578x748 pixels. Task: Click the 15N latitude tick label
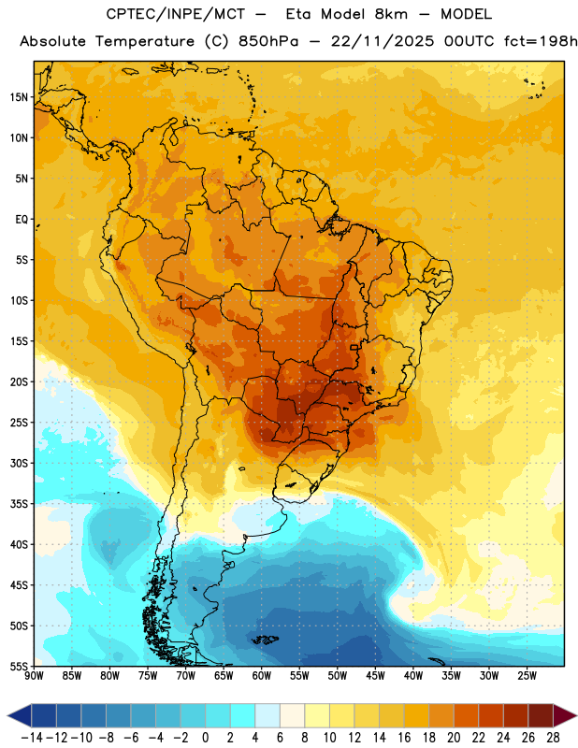click(x=19, y=97)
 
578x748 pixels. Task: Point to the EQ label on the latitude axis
click(x=22, y=220)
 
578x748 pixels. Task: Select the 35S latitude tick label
click(x=19, y=504)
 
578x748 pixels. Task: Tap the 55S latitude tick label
click(x=19, y=667)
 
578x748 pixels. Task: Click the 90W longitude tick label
click(x=34, y=675)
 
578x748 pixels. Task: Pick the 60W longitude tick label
click(x=262, y=675)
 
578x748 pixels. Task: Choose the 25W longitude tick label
click(x=527, y=675)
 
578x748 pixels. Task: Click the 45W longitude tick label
click(x=375, y=675)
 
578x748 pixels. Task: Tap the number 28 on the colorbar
click(x=553, y=738)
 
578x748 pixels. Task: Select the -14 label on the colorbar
click(x=32, y=738)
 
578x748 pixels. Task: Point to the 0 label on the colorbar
click(x=205, y=738)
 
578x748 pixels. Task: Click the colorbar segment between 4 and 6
click(x=267, y=715)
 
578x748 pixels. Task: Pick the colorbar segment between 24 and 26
click(x=516, y=715)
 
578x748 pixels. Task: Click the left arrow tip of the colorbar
click(x=7, y=715)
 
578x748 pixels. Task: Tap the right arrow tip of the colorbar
click(x=577, y=715)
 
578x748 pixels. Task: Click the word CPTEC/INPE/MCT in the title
click(x=175, y=14)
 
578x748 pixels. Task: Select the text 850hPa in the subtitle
click(x=268, y=41)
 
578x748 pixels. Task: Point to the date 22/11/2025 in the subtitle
click(x=383, y=41)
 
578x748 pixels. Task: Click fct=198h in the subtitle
click(x=541, y=41)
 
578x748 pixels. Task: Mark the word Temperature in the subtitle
click(x=145, y=42)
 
